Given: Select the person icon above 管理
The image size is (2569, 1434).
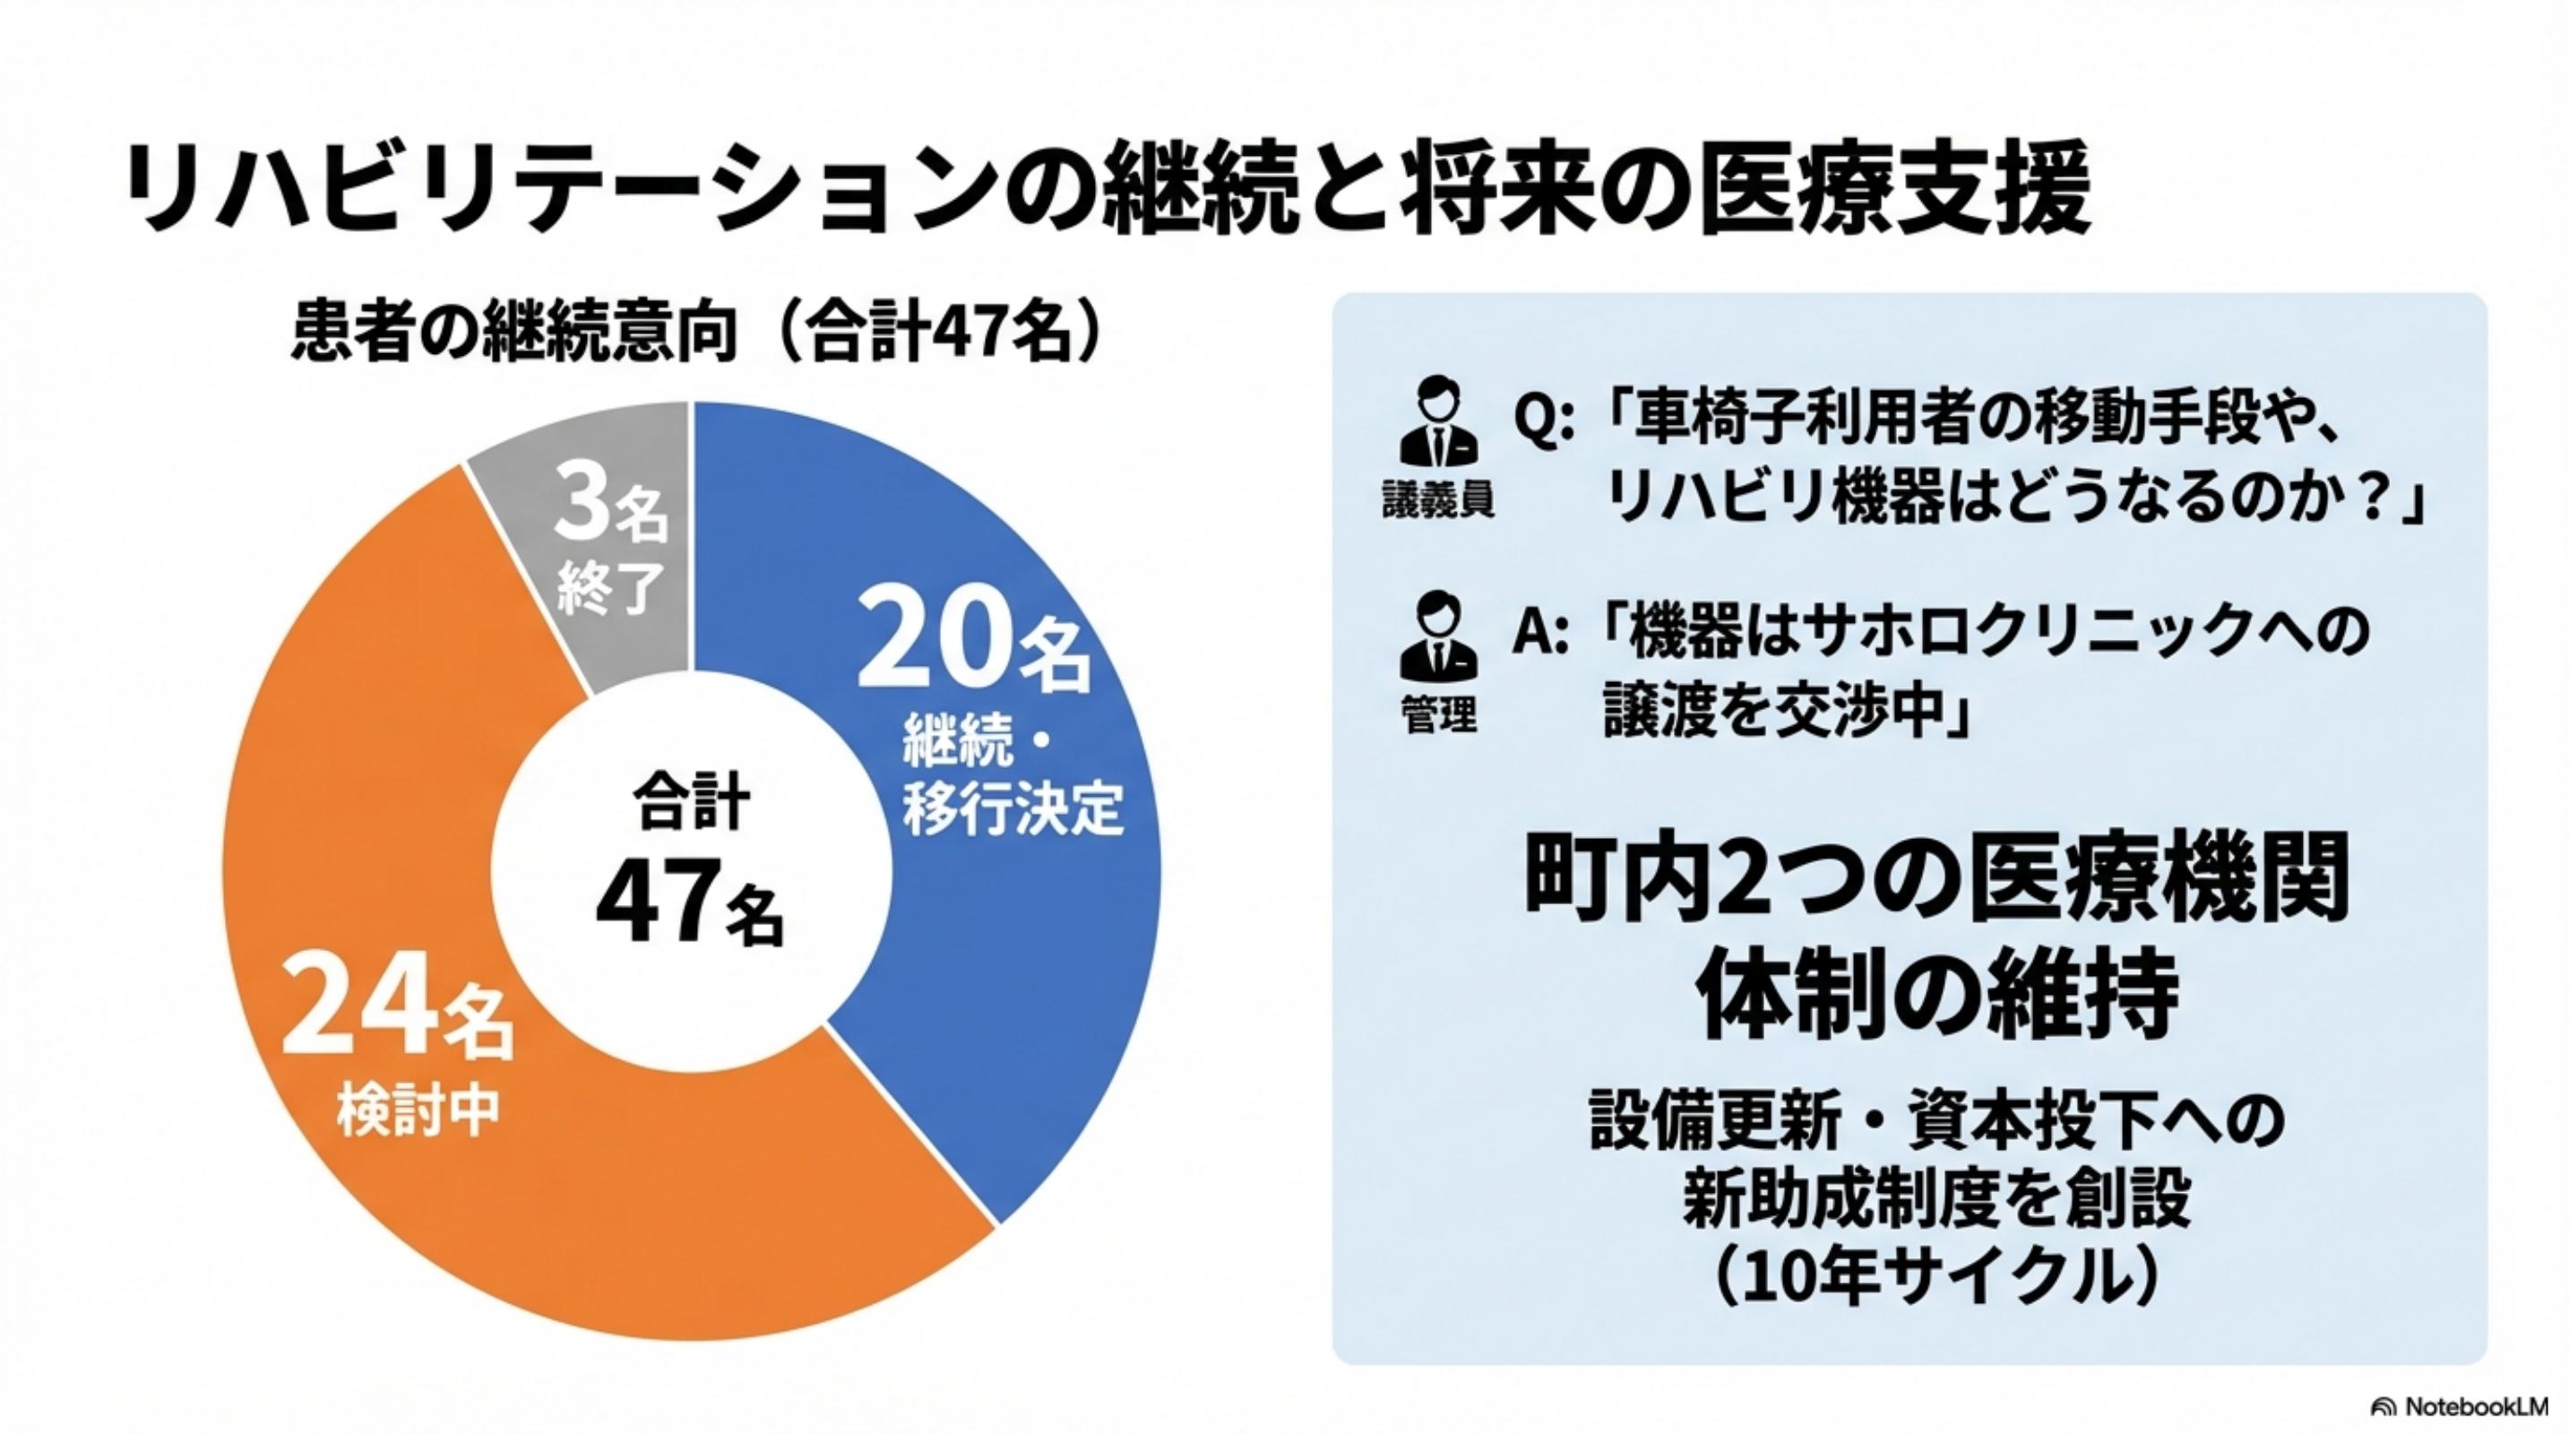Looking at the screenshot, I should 1437,635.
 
